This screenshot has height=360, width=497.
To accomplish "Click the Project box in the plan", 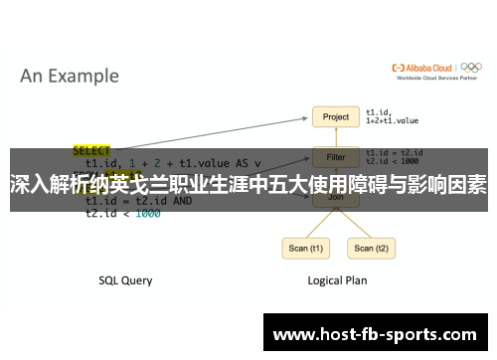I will click(336, 117).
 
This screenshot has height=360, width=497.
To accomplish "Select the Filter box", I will click(336, 157).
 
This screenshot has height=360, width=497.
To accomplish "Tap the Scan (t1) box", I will click(304, 249).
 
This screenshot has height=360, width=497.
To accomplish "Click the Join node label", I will click(336, 198).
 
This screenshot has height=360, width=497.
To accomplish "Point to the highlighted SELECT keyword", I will click(91, 150).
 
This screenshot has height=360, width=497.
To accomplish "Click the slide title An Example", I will click(70, 76).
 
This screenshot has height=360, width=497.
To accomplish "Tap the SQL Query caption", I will click(125, 280).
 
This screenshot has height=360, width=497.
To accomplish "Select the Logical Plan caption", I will click(336, 280).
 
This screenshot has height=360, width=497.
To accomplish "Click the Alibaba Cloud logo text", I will click(424, 69).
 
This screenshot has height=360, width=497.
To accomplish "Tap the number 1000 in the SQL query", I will click(147, 213).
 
